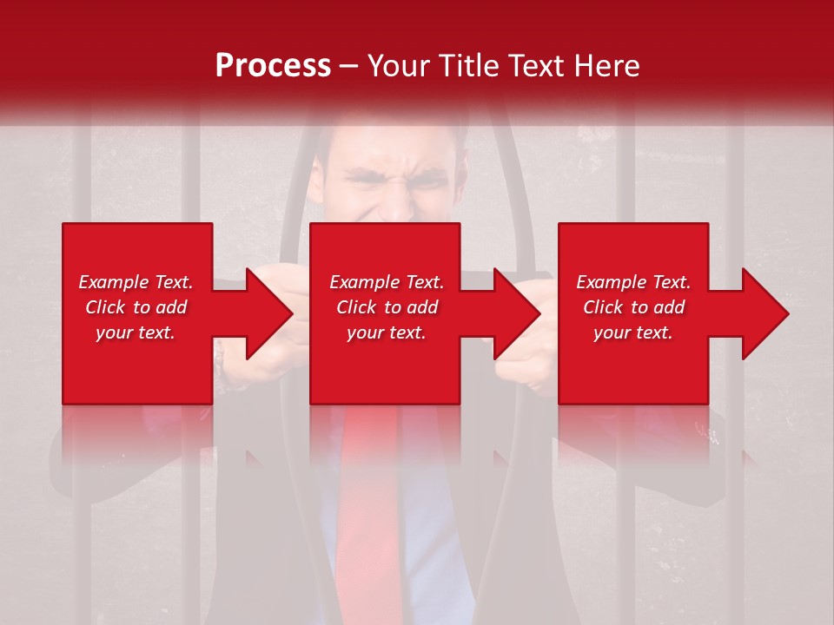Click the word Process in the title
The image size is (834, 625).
(273, 66)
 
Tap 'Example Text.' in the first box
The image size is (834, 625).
(136, 282)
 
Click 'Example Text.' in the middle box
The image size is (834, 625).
(387, 282)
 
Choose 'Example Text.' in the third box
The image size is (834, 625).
(633, 282)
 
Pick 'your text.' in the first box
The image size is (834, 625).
(136, 332)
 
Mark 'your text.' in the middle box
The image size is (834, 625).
(387, 332)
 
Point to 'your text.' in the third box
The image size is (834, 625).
(633, 332)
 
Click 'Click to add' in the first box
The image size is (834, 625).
(136, 307)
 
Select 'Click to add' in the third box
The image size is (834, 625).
(633, 307)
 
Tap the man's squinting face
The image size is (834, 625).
(387, 187)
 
